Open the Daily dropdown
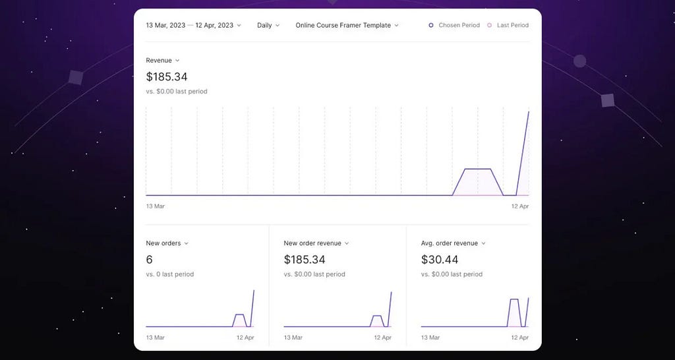pos(268,26)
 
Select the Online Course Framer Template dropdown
pos(347,26)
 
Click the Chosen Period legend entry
pos(454,26)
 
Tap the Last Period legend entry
pos(508,26)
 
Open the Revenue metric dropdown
pos(163,61)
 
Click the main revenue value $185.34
pos(167,77)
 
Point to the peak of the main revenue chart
pos(529,112)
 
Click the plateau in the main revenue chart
pos(477,169)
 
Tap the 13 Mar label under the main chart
pos(155,206)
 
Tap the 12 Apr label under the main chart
pos(520,206)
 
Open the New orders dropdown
pos(167,243)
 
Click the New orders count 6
pos(150,260)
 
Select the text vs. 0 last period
pos(169,274)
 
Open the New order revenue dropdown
pos(316,243)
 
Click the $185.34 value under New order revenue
pos(305,260)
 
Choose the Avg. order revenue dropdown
pos(454,243)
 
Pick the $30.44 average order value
pos(440,260)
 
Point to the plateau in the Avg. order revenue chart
pos(514,299)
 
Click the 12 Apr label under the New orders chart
pos(245,338)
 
